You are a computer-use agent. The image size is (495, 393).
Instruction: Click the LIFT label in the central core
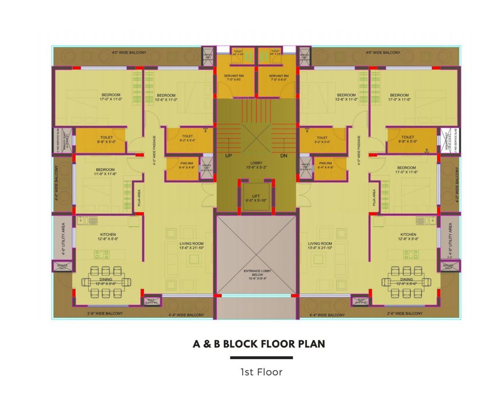point(256,195)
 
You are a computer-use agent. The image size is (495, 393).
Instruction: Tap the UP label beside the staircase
point(228,155)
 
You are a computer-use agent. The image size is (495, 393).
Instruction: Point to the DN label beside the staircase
point(284,155)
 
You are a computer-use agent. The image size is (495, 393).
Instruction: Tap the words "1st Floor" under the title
point(261,372)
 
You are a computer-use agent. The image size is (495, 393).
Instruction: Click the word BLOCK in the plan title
point(235,344)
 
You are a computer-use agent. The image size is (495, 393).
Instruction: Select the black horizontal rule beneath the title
point(261,358)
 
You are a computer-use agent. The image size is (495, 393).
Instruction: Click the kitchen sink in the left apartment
point(92,221)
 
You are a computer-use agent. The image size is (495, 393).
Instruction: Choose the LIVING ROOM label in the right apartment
point(320,244)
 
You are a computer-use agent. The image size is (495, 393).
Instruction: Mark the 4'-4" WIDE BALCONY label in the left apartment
point(186,315)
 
